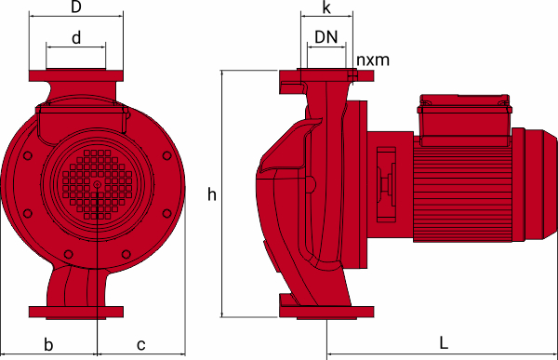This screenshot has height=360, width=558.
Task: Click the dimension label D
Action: [76, 7]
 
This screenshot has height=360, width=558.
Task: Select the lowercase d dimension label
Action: [76, 37]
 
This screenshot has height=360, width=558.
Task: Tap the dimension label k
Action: [326, 7]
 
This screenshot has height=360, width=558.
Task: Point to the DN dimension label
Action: [326, 37]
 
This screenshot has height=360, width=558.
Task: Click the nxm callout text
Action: [373, 60]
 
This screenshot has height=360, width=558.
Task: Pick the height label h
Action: [212, 194]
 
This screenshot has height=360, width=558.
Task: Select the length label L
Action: [444, 343]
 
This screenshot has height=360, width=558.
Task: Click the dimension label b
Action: [48, 344]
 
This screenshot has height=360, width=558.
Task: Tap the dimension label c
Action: [141, 345]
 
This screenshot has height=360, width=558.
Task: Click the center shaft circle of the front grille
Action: [97, 184]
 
